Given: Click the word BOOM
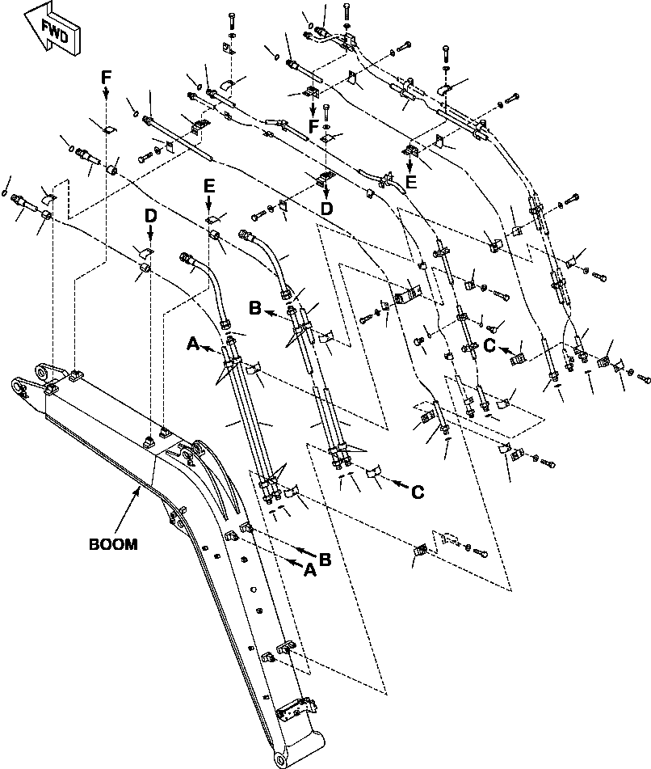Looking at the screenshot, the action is [x=113, y=544].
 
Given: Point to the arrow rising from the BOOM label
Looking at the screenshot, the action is [x=128, y=510].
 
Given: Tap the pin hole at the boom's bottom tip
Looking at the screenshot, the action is [x=281, y=762].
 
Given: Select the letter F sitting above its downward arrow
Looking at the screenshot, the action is [x=107, y=77].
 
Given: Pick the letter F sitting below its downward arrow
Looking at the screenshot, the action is [x=313, y=126].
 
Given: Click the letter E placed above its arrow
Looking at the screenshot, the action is [x=208, y=186].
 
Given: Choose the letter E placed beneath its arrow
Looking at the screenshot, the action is [x=410, y=181].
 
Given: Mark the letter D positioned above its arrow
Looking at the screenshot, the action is [x=150, y=216].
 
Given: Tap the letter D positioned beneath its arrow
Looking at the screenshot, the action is [x=327, y=209].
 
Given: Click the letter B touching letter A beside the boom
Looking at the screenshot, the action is [x=324, y=559].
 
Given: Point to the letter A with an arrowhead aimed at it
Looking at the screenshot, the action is [x=194, y=344].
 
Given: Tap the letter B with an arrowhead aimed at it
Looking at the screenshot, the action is [x=255, y=308].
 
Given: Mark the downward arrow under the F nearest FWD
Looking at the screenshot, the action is [x=107, y=92].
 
